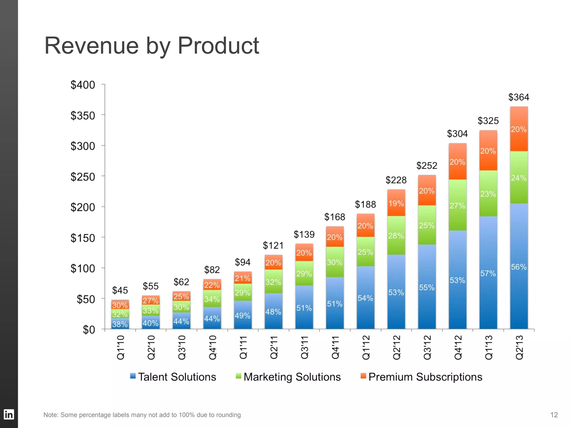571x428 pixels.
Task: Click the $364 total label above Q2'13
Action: [519, 97]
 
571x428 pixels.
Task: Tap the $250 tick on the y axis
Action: [83, 177]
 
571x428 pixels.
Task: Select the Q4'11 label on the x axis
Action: [335, 347]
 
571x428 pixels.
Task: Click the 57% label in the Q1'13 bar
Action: [488, 273]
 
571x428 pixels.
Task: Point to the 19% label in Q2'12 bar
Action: [396, 203]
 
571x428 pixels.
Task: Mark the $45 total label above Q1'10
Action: [120, 290]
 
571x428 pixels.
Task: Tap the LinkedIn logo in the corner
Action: [9, 414]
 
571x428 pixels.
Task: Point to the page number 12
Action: [554, 415]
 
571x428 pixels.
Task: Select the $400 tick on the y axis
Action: [83, 85]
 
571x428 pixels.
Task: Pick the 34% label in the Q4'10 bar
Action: [212, 299]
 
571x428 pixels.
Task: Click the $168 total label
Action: [335, 217]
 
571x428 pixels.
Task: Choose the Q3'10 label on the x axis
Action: [182, 347]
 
